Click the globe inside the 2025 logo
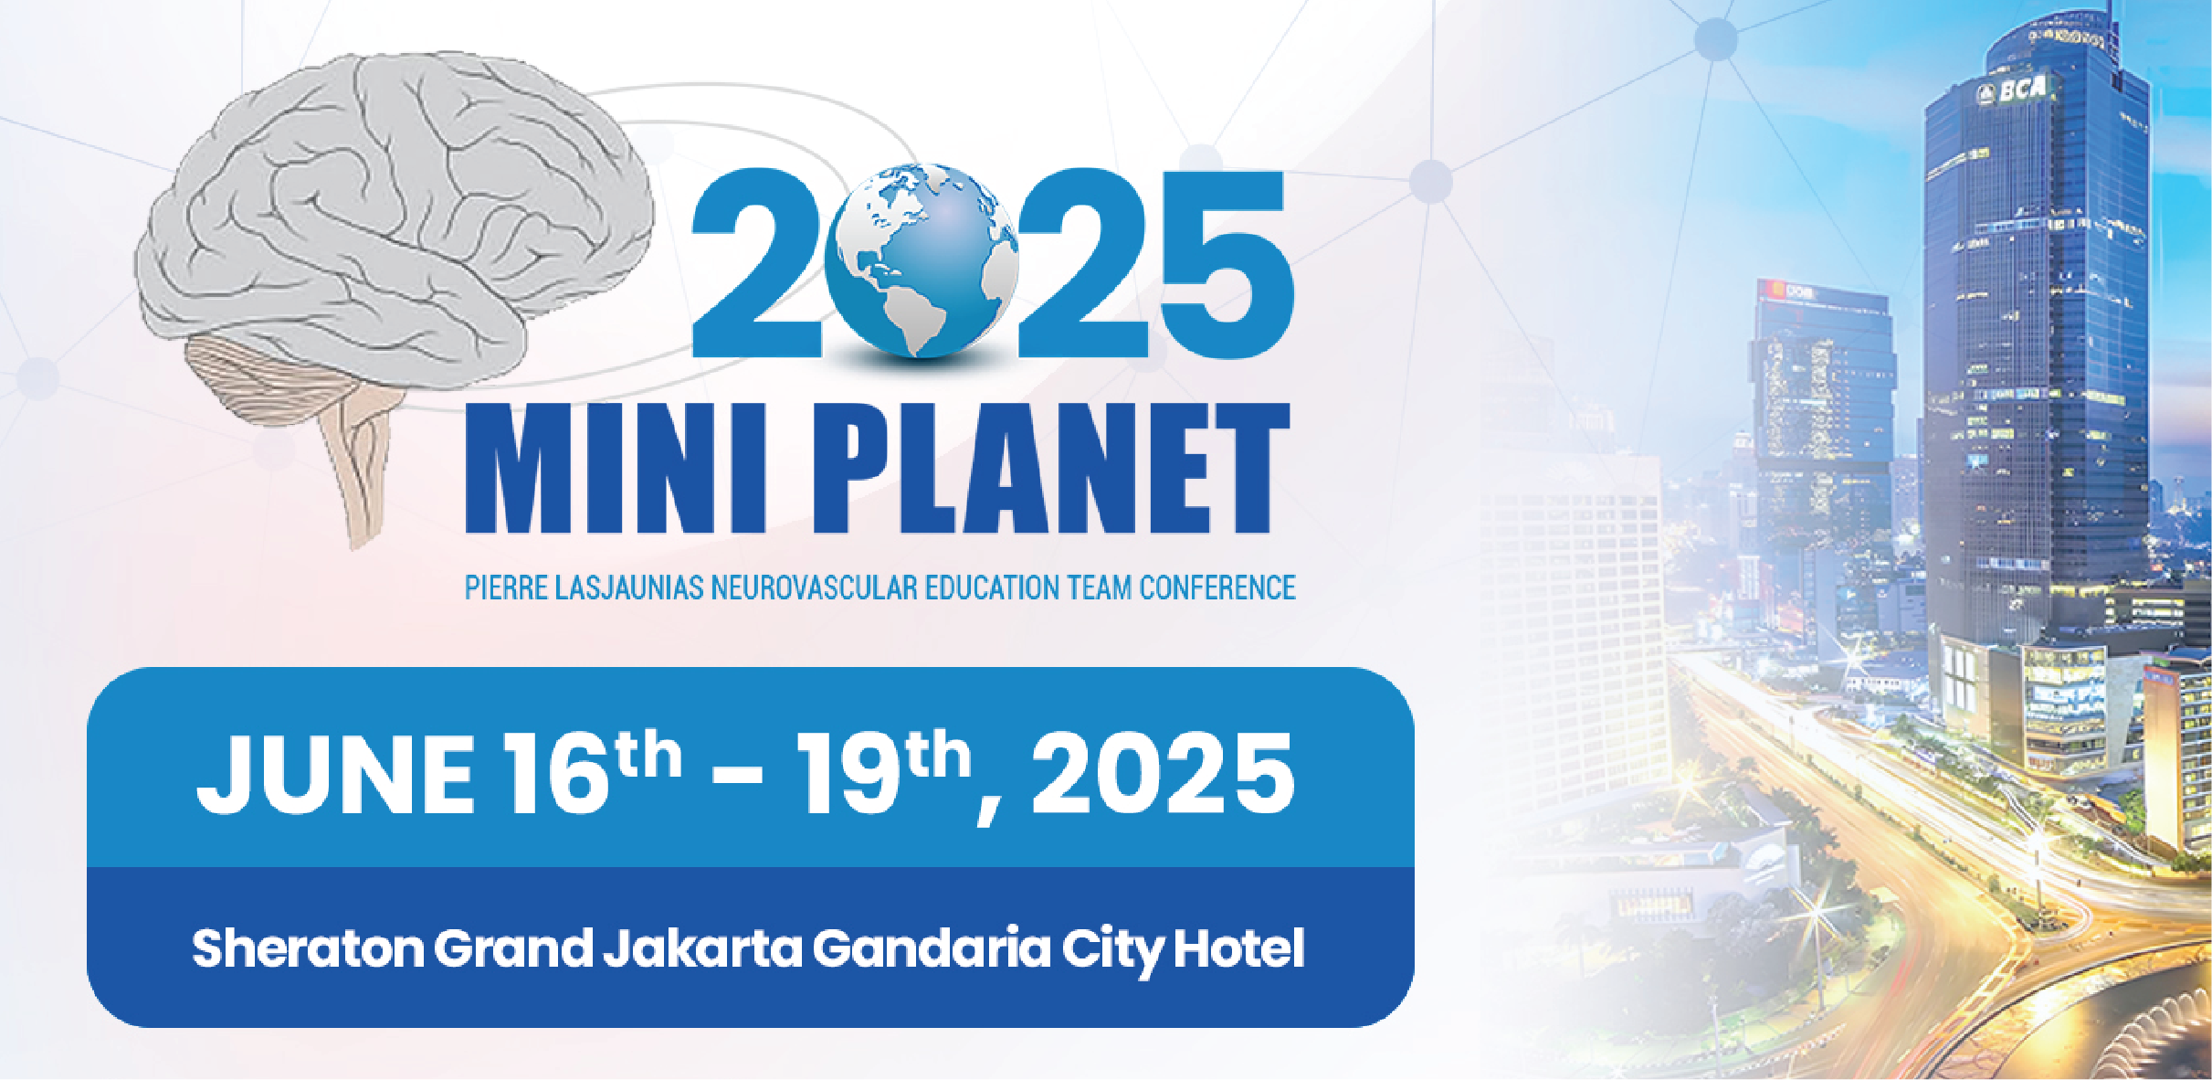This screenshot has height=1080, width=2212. (x=921, y=259)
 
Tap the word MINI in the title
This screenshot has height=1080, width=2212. (x=615, y=468)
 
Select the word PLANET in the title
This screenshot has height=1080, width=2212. (x=1050, y=468)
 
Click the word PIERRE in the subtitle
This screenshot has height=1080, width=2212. (x=505, y=588)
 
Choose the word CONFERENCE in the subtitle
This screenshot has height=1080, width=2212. (x=1217, y=588)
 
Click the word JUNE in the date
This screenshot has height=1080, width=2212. (x=335, y=775)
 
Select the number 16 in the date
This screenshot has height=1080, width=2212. (x=558, y=773)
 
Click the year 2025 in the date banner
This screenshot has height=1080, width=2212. (x=1163, y=773)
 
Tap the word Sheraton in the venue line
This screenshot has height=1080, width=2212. (x=308, y=948)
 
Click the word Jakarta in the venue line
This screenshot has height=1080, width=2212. (x=702, y=948)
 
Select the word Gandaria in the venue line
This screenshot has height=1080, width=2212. (x=932, y=948)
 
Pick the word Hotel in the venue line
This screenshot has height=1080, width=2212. (x=1238, y=948)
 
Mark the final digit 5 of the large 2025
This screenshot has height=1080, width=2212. (x=1226, y=262)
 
